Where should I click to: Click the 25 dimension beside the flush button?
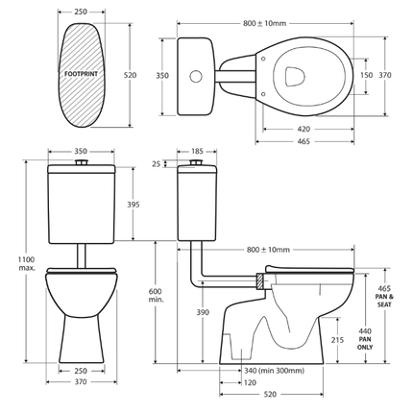pos(158,164)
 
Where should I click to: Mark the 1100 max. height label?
pos(26,262)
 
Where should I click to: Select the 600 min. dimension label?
pos(157,294)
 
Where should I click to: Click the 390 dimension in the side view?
pos(203,313)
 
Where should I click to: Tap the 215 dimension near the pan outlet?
pos(338,340)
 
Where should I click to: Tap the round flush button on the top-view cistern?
pos(195,75)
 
